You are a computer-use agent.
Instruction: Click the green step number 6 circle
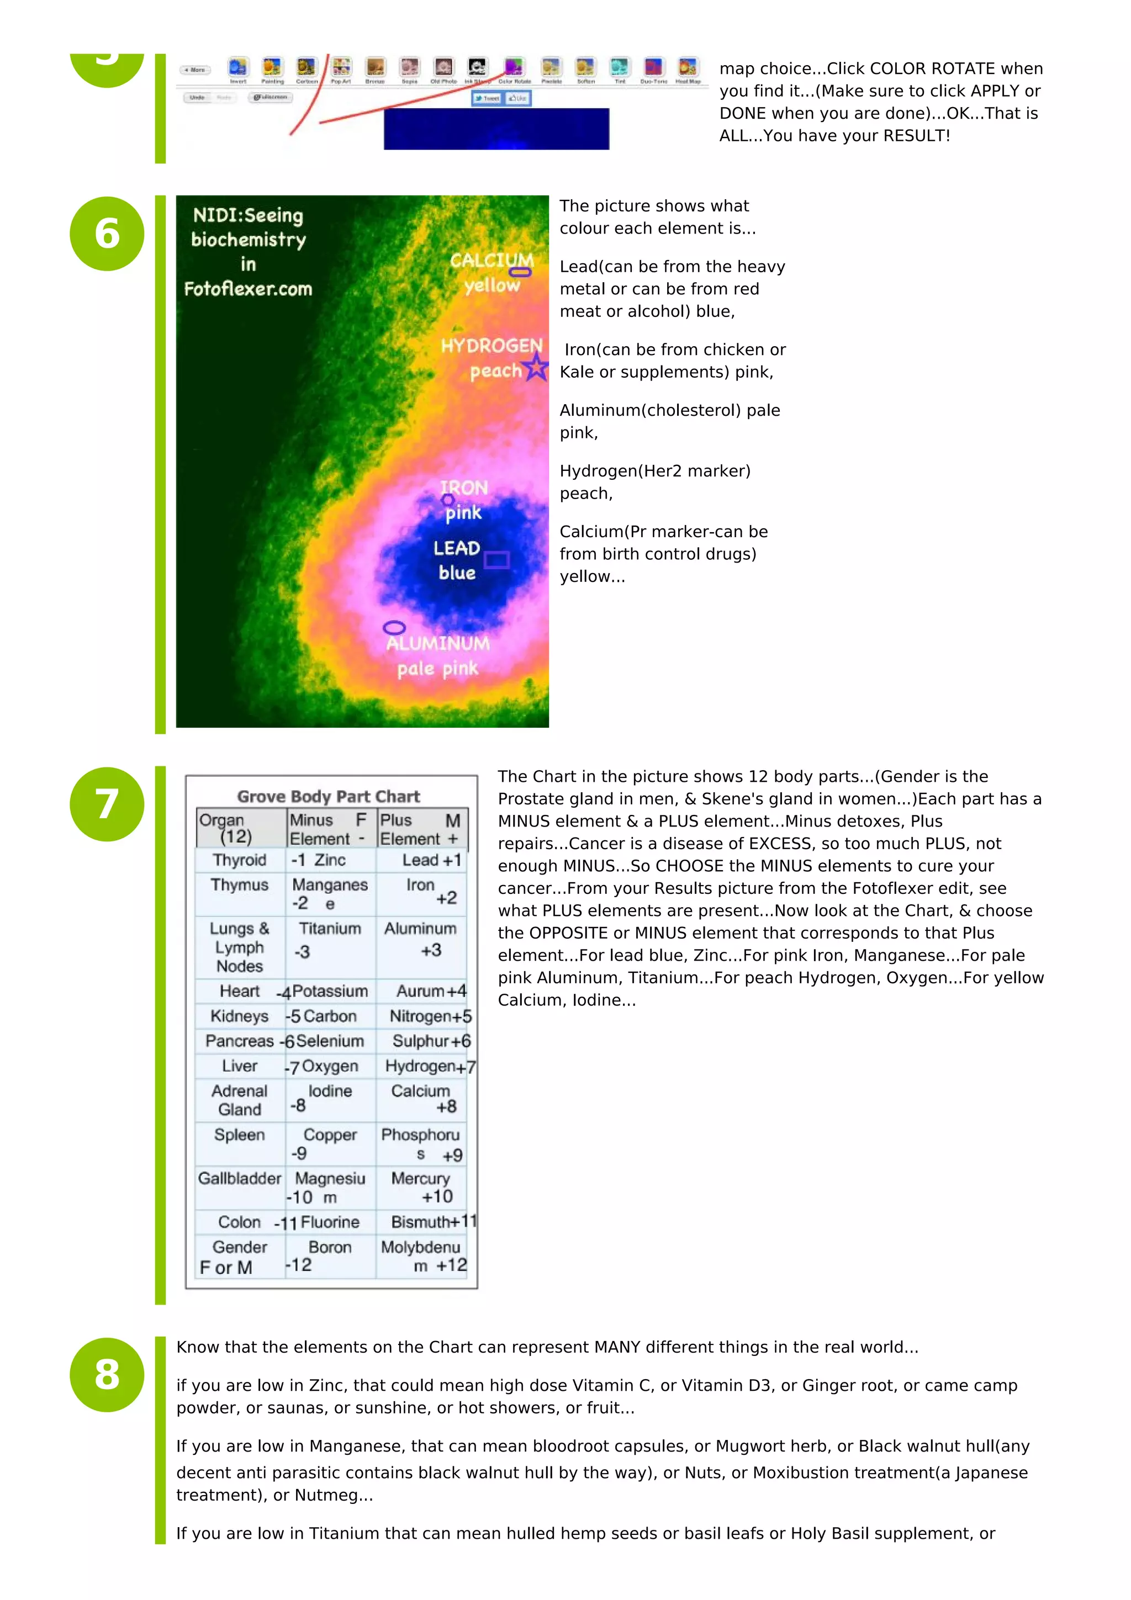coord(107,234)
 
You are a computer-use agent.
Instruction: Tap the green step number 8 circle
coord(107,1375)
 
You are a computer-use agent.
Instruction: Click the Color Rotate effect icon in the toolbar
coord(514,67)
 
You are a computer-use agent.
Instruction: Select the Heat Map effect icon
coord(687,67)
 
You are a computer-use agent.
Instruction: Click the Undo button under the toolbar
coord(197,98)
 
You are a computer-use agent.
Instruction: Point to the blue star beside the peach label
coord(536,367)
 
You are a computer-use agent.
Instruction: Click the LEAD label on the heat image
coord(457,548)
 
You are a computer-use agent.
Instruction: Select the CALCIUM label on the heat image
coord(491,260)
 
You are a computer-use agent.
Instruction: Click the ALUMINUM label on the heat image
coord(437,643)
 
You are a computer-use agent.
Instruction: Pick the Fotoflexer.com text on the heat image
coord(248,289)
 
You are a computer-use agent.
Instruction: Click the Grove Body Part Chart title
coord(328,797)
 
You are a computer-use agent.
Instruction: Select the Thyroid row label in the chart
coord(239,860)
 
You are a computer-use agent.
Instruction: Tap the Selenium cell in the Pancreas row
coord(330,1041)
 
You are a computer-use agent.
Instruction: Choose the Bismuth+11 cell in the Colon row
coord(432,1222)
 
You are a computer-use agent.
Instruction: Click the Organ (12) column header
coord(230,828)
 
